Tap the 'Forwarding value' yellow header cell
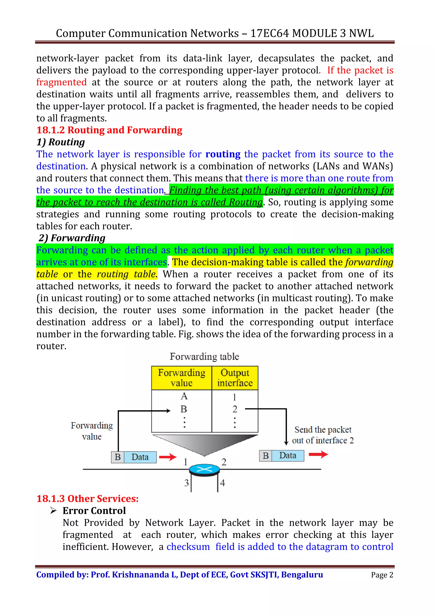coord(182,378)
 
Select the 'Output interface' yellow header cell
coord(235,378)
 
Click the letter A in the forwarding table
coord(184,396)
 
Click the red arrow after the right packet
coord(318,454)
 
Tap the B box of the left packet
coord(118,457)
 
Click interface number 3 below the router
coord(186,483)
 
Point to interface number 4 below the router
coord(222,483)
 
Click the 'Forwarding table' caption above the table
coord(204,357)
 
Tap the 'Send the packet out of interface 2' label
coord(323,435)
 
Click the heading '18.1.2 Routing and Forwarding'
coord(109,130)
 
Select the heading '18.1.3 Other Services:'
coord(87,499)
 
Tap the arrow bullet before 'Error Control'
coord(53,511)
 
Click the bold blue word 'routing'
coord(223,154)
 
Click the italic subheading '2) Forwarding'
coord(72,238)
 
